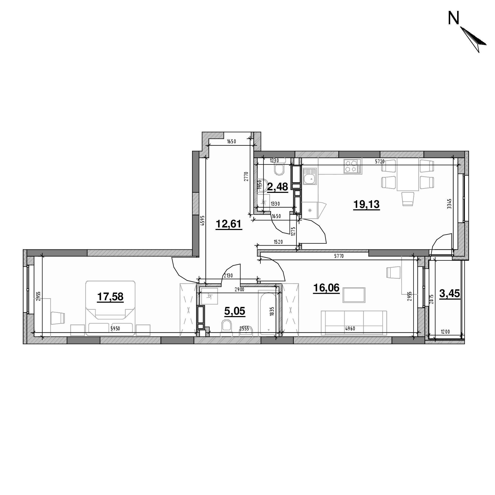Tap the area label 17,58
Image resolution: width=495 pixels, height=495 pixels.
point(110,297)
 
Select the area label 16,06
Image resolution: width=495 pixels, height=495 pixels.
point(326,288)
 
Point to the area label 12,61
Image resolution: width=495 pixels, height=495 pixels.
point(229,224)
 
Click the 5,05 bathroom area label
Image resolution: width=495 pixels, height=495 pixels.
point(235,311)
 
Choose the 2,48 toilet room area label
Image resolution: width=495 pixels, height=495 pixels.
point(278,187)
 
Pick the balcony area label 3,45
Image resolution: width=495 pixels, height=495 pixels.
point(450,294)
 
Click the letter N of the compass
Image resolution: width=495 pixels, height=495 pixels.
point(454,19)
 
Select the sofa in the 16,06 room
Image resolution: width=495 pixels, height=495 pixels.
point(354,323)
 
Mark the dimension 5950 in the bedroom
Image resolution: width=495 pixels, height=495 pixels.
point(115,329)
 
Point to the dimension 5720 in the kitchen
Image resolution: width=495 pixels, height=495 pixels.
point(380,161)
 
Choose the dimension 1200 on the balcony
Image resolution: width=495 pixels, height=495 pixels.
point(445,332)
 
